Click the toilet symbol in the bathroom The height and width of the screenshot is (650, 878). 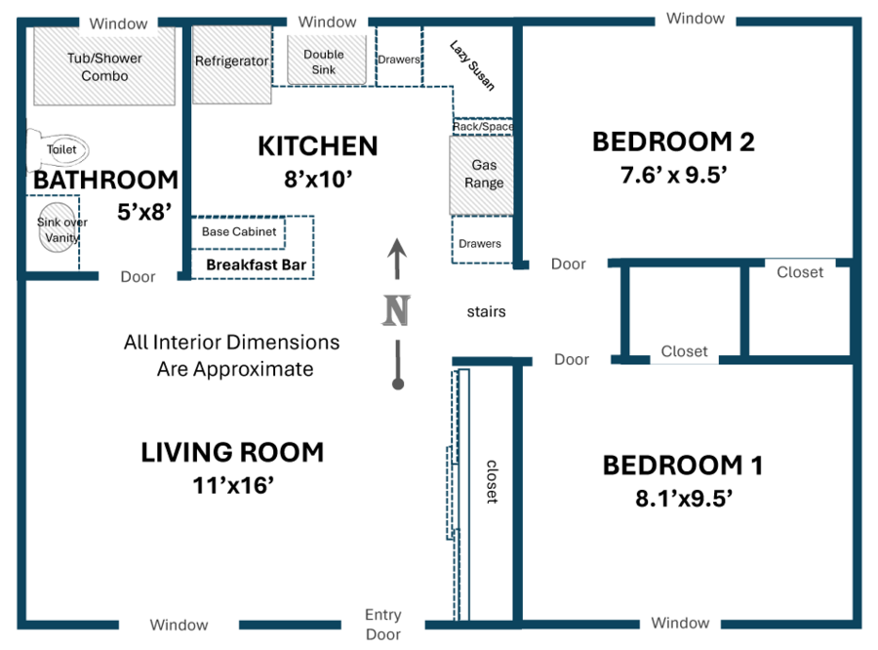58,149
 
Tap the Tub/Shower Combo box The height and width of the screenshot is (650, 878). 104,65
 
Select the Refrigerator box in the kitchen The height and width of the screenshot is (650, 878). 232,64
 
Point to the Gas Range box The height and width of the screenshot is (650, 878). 482,176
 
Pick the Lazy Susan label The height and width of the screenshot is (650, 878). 472,65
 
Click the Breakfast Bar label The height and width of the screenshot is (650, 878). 256,264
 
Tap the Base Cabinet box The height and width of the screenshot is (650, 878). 239,232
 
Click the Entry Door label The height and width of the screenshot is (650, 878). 383,625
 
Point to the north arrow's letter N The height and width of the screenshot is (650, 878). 396,311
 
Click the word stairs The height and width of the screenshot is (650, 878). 486,311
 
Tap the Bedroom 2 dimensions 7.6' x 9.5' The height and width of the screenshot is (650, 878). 673,175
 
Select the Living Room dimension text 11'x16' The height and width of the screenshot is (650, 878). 233,485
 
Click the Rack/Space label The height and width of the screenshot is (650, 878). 483,127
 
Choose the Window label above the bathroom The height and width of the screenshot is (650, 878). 118,23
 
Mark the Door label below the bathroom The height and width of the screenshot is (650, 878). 138,277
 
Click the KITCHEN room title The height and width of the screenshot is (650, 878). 317,146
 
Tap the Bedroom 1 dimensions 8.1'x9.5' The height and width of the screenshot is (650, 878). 684,498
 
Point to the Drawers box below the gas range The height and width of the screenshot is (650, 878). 482,240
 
